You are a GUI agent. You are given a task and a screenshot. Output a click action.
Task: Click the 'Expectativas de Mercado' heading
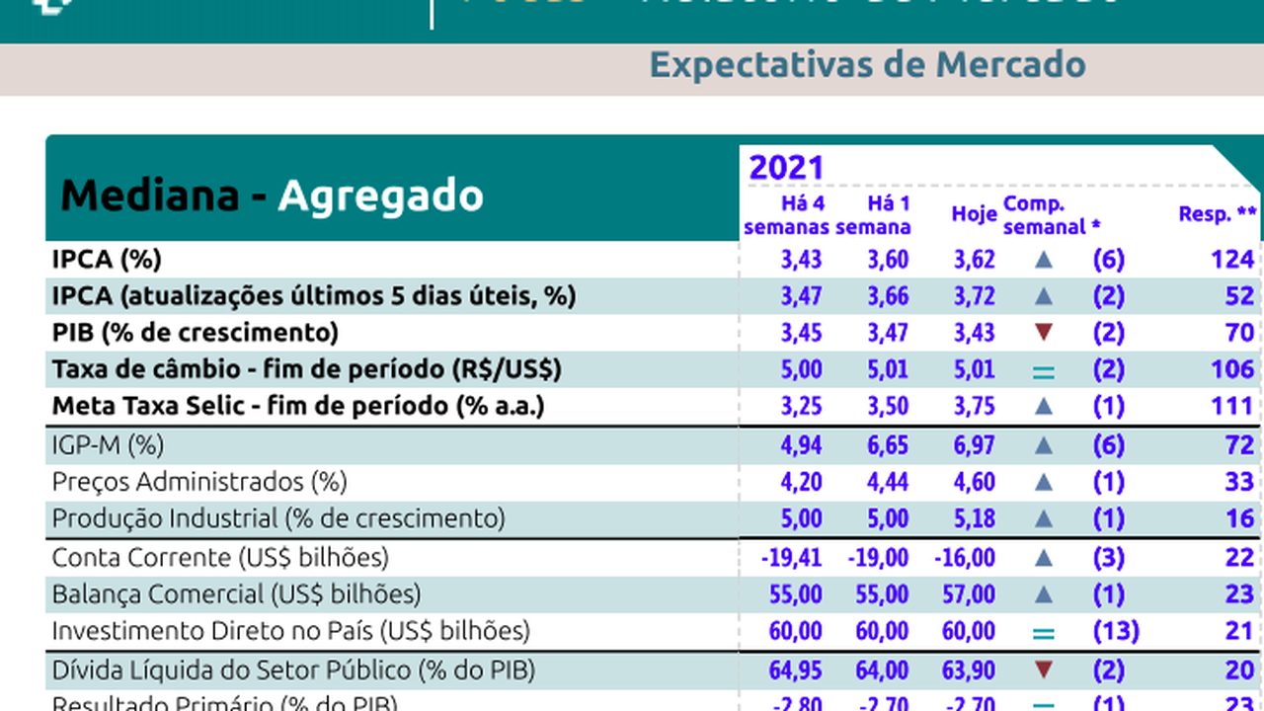pyautogui.click(x=867, y=65)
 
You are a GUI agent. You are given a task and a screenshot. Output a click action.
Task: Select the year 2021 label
pyautogui.click(x=785, y=167)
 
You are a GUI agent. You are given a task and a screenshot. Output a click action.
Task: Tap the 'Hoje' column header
pyautogui.click(x=973, y=214)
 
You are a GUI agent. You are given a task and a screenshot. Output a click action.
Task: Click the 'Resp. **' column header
pyautogui.click(x=1218, y=213)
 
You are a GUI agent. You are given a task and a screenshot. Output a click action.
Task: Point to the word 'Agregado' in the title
pyautogui.click(x=380, y=196)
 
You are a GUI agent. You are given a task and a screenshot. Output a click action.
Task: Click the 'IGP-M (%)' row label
pyautogui.click(x=108, y=445)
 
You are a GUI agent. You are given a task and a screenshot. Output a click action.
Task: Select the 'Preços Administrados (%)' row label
pyautogui.click(x=199, y=482)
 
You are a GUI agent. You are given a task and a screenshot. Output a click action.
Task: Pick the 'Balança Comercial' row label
pyautogui.click(x=236, y=594)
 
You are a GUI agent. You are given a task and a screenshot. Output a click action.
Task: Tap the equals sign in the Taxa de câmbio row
pyautogui.click(x=1044, y=372)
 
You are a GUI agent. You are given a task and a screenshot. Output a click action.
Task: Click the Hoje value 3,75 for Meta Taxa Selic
pyautogui.click(x=974, y=406)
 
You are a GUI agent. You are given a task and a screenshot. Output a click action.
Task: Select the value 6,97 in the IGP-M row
pyautogui.click(x=974, y=445)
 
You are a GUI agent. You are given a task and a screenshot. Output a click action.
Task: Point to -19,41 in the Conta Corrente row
pyautogui.click(x=791, y=558)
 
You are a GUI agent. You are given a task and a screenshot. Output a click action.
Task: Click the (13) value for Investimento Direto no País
pyautogui.click(x=1116, y=631)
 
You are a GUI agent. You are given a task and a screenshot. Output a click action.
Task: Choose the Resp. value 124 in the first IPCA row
pyautogui.click(x=1232, y=260)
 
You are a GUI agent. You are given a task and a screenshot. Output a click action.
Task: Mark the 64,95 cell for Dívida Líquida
pyautogui.click(x=795, y=671)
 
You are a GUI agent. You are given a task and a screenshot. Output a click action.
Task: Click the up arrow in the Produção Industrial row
pyautogui.click(x=1044, y=518)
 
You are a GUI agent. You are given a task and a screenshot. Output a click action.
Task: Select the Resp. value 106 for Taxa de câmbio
pyautogui.click(x=1232, y=369)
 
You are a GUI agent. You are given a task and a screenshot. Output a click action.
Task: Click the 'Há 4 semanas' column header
pyautogui.click(x=788, y=215)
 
